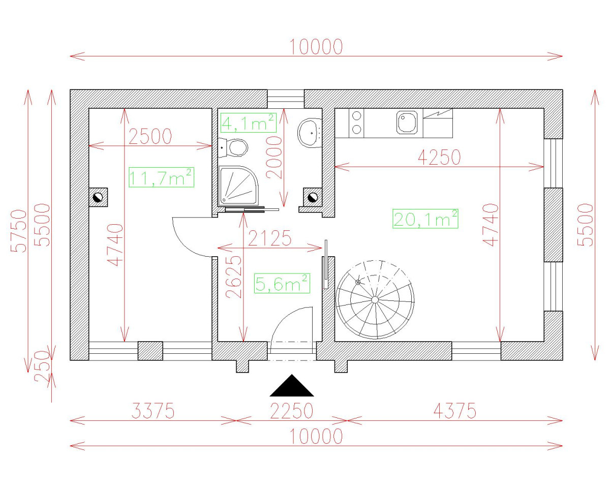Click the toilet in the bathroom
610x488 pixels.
[x=233, y=147]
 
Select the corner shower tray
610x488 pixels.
[x=238, y=186]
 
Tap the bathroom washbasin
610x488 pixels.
[x=310, y=133]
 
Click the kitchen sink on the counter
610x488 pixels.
[x=407, y=122]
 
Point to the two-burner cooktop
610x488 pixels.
[x=356, y=123]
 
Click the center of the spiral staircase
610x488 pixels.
[x=375, y=300]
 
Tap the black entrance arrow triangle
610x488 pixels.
[x=292, y=385]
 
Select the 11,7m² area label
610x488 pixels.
[x=161, y=177]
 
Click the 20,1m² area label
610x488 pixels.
[x=425, y=219]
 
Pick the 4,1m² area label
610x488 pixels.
[x=248, y=123]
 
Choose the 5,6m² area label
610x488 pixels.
[x=282, y=283]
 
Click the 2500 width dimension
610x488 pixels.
[x=150, y=136]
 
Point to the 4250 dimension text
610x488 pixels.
[x=439, y=157]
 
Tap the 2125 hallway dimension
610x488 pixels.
[x=269, y=238]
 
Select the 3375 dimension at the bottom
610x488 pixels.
[x=153, y=411]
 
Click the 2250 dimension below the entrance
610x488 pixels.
[x=292, y=411]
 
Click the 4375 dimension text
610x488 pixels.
[x=455, y=411]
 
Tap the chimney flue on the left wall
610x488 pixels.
[x=98, y=197]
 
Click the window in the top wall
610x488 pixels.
[x=286, y=99]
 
